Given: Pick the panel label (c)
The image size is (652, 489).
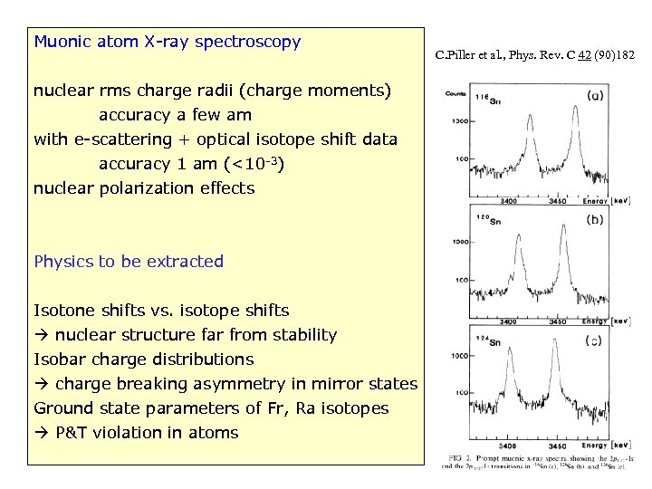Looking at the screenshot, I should click(593, 340).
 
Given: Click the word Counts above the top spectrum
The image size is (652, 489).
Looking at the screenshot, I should click(458, 92).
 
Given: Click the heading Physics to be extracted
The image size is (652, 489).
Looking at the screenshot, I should click(129, 262).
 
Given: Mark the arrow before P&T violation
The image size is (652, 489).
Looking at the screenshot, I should click(42, 433).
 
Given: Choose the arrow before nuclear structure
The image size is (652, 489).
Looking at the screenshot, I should click(42, 335).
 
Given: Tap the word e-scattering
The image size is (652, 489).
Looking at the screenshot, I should click(122, 139).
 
